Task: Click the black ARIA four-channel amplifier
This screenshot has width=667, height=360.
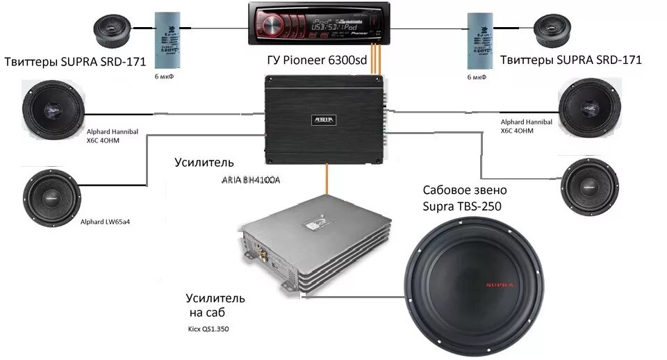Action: coord(324,120)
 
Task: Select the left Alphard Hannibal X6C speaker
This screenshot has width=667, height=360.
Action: coord(53,111)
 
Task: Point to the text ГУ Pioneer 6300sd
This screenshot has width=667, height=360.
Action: coord(317,60)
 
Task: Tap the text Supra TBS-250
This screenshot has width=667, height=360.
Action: coord(462,206)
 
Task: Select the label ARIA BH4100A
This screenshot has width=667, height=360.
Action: coord(254,181)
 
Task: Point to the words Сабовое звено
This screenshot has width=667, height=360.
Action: coord(465,190)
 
